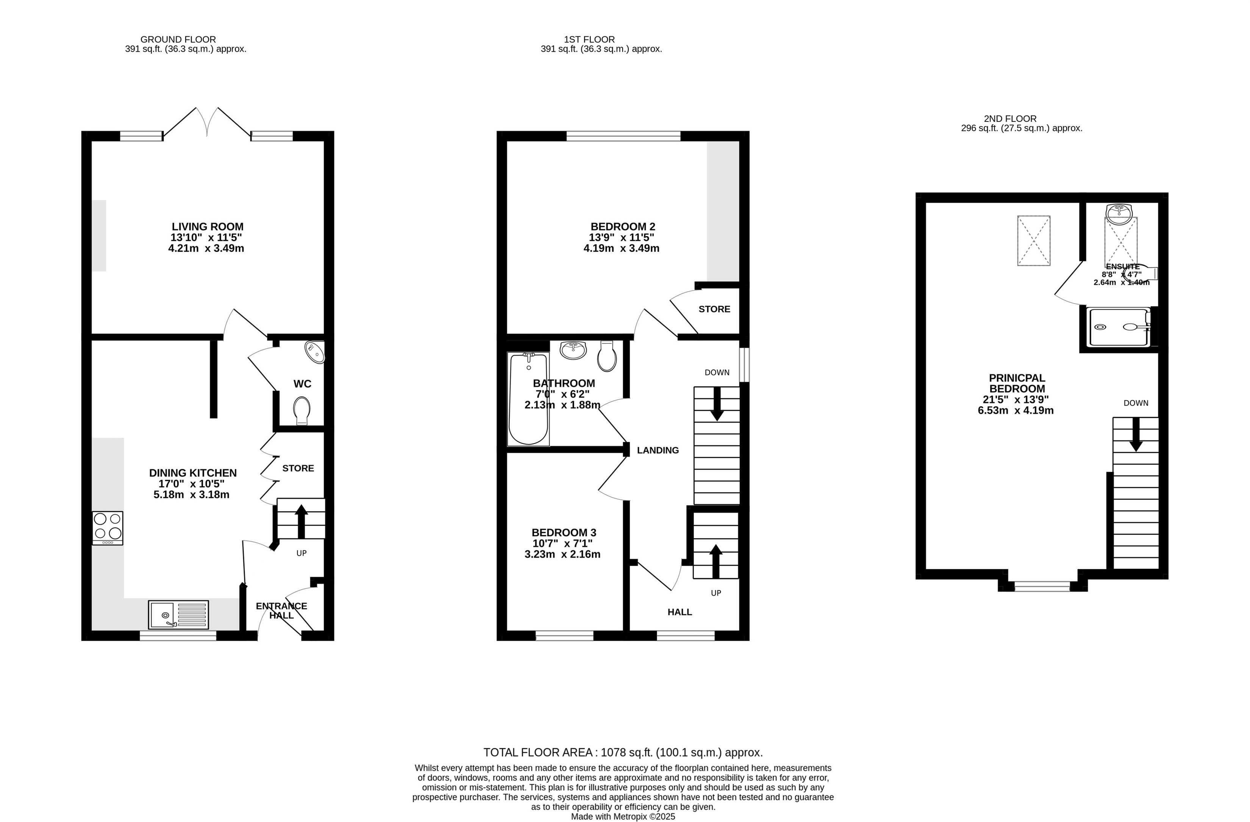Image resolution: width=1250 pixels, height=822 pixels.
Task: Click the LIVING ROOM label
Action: (x=208, y=227)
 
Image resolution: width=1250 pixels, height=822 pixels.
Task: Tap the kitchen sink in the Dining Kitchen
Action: (x=178, y=615)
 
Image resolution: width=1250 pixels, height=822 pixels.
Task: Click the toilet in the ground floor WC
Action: (x=302, y=410)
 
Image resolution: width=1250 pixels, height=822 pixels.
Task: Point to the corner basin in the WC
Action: (x=316, y=352)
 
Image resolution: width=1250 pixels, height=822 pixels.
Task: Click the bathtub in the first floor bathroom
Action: (x=528, y=399)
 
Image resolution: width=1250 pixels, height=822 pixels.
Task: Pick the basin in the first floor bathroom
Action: (x=573, y=350)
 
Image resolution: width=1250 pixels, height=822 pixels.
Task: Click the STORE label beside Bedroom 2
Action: (x=714, y=309)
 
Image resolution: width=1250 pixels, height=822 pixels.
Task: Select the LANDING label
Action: (x=658, y=450)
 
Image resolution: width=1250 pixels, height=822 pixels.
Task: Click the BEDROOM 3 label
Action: (x=564, y=532)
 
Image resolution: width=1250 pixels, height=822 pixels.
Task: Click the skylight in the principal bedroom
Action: (x=1034, y=240)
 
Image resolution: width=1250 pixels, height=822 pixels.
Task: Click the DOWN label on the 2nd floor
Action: (x=1136, y=403)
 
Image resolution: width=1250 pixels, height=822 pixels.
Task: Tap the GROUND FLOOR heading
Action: (x=178, y=39)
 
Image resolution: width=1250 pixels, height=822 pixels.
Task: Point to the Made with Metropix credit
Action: (x=623, y=817)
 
